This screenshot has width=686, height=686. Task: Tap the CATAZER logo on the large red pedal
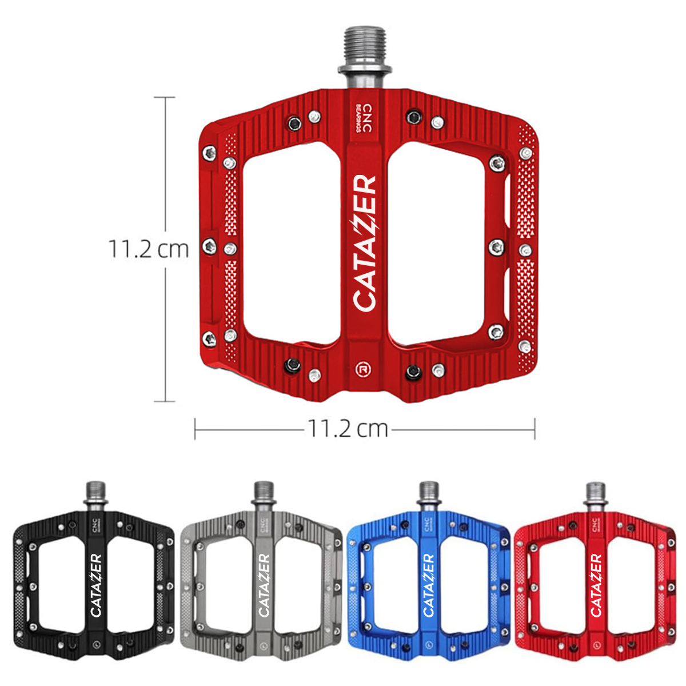click(365, 243)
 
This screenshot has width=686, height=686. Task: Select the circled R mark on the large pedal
click(362, 369)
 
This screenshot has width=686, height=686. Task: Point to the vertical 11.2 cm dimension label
click(149, 249)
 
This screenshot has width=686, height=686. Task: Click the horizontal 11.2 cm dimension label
click(348, 428)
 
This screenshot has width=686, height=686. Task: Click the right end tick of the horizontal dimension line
click(535, 428)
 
